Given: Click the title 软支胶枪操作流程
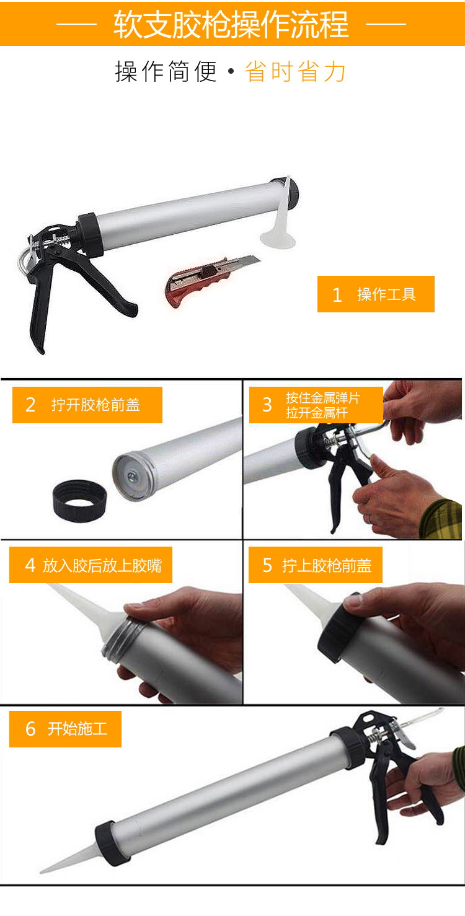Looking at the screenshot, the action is point(231,24).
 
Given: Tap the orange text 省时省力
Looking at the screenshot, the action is point(295,71).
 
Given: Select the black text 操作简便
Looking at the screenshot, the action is point(166,71).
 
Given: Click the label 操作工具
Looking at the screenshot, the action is point(386,294).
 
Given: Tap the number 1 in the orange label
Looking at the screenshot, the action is point(337,294).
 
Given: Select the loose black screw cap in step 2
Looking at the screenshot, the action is point(79,501).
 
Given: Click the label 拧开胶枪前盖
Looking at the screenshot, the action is point(95,405).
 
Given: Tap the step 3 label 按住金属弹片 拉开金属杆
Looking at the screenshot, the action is point(322,405).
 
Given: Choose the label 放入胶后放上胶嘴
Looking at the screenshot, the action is point(102,565).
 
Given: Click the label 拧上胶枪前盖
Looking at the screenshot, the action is point(327,565).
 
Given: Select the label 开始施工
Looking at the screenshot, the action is point(77,728).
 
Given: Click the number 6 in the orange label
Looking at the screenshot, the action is point(30,729).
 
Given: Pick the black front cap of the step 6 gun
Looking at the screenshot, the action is point(107,842).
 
